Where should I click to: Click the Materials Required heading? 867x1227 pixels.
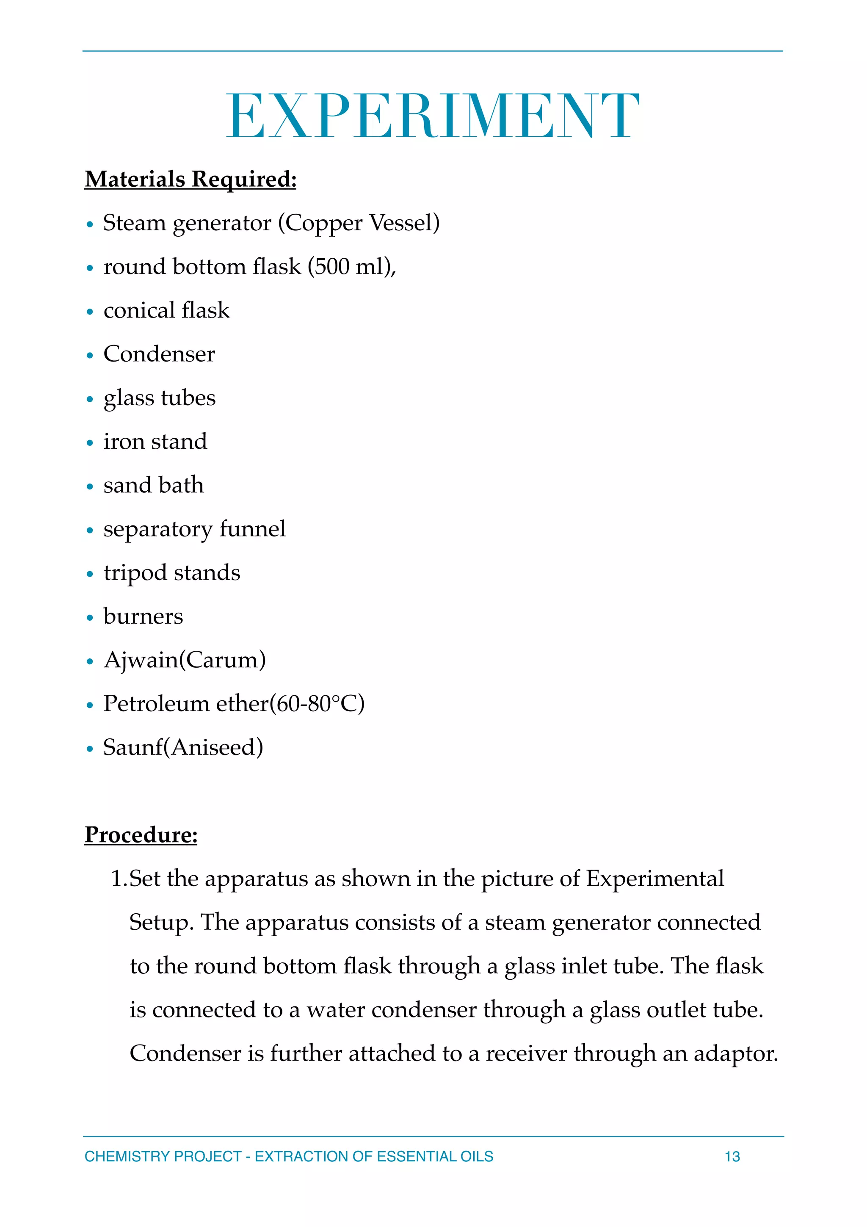pos(190,179)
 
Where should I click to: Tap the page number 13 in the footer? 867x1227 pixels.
pos(732,1156)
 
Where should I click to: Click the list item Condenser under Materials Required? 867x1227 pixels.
pos(159,354)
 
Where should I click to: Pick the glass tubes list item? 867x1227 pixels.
pos(159,398)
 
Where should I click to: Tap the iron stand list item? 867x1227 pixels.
pos(155,442)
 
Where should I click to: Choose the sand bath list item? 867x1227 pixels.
pos(153,485)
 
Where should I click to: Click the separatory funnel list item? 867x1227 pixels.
pos(194,529)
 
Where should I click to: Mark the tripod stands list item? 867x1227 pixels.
pos(171,573)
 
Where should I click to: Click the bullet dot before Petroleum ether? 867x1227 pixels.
pos(90,705)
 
